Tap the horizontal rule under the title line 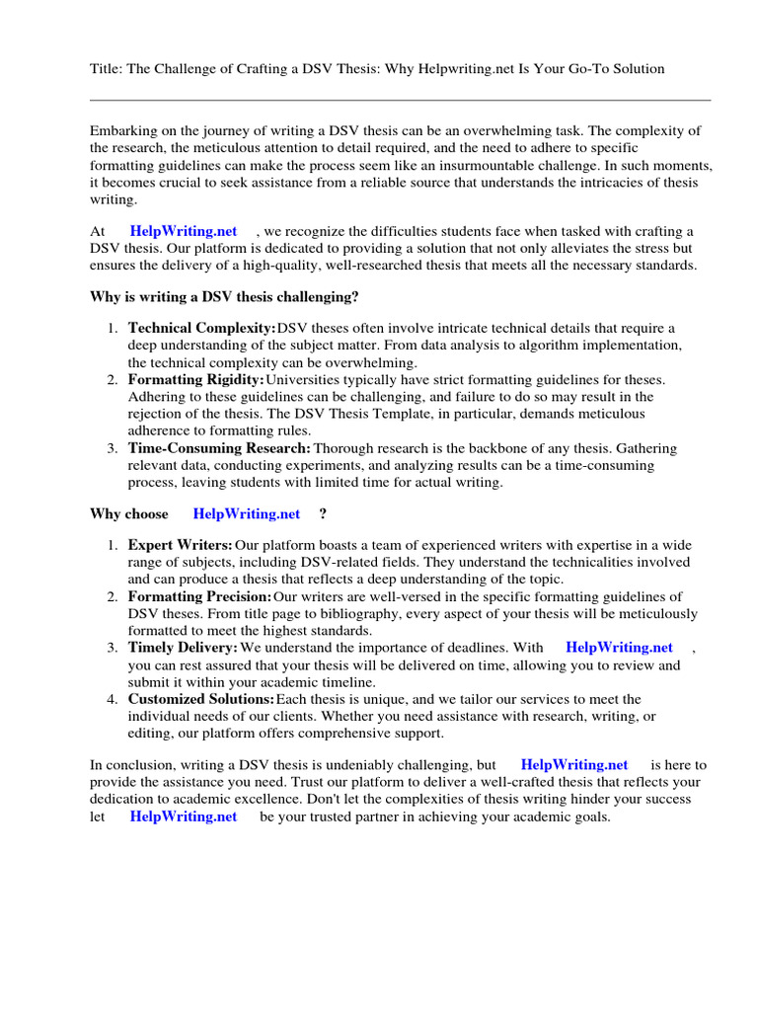(400, 100)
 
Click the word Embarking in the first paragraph (123, 130)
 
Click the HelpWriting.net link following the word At (184, 231)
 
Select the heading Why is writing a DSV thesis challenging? (224, 296)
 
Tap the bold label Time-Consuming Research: (219, 447)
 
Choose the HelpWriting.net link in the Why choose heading (247, 513)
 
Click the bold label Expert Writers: (181, 545)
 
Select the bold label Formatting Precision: (199, 596)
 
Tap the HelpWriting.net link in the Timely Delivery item (619, 648)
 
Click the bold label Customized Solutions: (201, 699)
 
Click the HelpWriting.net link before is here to (574, 765)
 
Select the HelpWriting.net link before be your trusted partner (184, 817)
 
